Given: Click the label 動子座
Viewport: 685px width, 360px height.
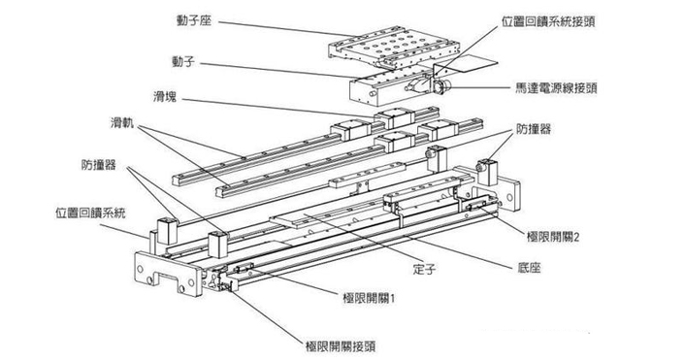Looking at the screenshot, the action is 194,21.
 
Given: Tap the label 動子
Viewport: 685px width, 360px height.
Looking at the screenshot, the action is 182,62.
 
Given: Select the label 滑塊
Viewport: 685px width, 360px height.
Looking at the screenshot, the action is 165,97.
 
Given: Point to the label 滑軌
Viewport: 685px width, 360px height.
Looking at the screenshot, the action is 122,123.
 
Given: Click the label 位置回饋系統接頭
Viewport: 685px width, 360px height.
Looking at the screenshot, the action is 548,21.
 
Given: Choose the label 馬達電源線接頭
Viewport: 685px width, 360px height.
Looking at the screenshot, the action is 556,88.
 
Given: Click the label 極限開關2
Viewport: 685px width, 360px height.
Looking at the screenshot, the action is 553,237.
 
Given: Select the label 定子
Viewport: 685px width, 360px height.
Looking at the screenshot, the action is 424,269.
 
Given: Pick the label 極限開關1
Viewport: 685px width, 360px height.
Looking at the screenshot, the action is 369,299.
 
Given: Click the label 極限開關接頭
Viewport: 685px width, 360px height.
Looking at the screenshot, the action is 341,346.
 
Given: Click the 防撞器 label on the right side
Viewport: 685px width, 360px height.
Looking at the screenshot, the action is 534,129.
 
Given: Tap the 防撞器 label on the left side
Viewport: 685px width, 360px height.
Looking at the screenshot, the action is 99,165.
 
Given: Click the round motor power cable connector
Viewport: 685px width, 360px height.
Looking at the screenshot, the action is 440,86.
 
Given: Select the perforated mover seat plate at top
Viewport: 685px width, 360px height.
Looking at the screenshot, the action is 393,49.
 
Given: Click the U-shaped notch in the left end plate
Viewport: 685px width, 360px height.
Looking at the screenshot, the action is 169,278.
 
